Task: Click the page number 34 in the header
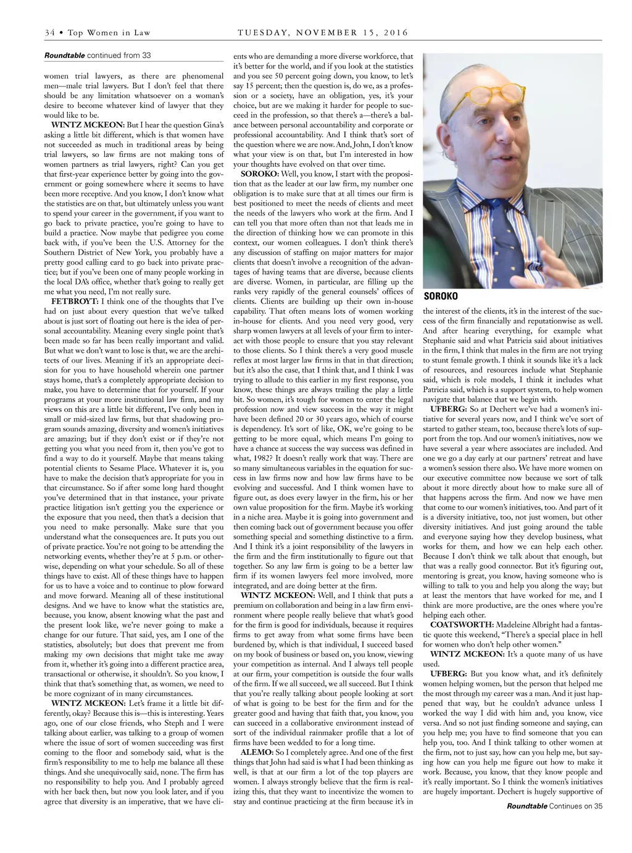tap(49, 33)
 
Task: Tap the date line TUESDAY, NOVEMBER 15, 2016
tap(323, 33)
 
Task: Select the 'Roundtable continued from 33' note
tap(98, 56)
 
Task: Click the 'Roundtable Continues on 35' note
tap(554, 805)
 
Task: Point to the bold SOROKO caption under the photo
tap(441, 296)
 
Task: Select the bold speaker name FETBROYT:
tap(75, 301)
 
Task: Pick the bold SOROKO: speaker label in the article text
tap(259, 174)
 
